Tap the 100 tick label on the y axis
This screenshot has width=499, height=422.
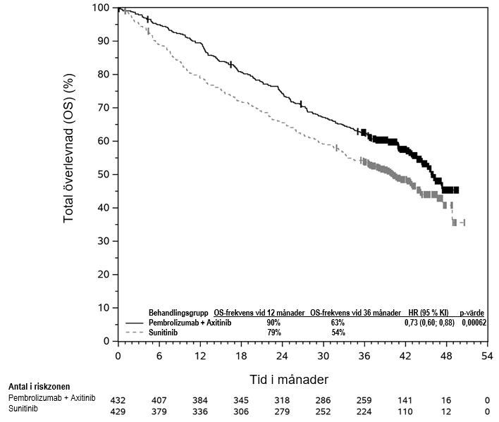(x=101, y=8)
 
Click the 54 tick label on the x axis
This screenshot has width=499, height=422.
(x=486, y=356)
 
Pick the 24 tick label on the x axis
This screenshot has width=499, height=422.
(x=282, y=356)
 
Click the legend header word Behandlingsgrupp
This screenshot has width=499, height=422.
(x=178, y=312)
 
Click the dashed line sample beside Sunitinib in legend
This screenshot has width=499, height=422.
(x=135, y=332)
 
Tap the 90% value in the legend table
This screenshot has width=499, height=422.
(x=273, y=322)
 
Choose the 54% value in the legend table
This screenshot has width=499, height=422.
(x=338, y=332)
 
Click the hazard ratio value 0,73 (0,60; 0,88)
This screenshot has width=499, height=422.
(x=424, y=322)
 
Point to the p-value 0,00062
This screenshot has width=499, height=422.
(x=472, y=322)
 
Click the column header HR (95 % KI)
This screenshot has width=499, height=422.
(x=424, y=312)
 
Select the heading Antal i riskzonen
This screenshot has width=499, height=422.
(x=39, y=387)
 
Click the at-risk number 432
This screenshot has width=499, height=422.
(x=118, y=399)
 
